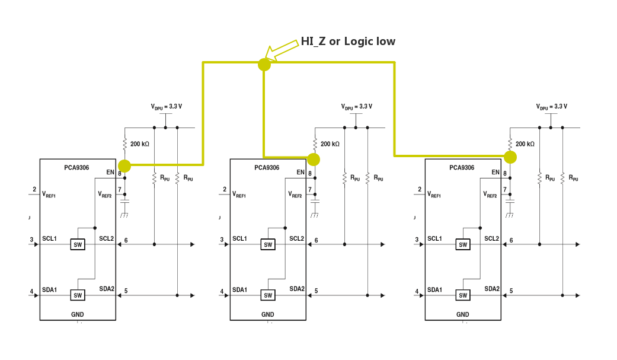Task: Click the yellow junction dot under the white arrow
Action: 264,64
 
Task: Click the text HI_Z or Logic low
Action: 348,42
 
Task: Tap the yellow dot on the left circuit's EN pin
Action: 124,165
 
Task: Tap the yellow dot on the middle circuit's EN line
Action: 314,159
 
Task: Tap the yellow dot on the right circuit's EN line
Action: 510,157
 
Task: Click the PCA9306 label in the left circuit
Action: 76,168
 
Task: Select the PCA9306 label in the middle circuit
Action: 267,168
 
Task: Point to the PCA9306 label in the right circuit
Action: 462,168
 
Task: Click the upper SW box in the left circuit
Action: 78,244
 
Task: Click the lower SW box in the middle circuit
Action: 268,295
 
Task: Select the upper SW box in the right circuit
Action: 463,244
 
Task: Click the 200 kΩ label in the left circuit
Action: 140,144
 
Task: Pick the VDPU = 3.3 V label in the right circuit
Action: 551,107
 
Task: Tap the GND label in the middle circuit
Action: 268,314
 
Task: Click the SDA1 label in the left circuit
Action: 49,290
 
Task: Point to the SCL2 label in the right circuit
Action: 491,239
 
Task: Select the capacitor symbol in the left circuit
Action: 124,202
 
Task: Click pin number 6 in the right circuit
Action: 511,240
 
